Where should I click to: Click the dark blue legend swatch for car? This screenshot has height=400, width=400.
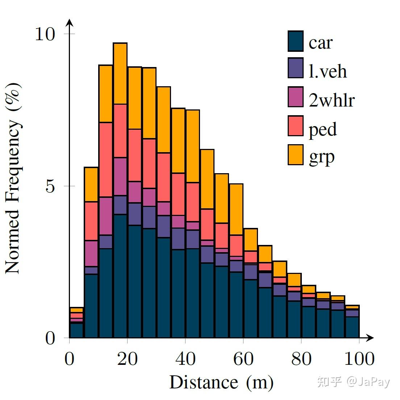pos(295,41)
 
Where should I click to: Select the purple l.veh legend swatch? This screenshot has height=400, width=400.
pos(295,68)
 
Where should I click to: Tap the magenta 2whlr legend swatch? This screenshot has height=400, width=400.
pos(295,97)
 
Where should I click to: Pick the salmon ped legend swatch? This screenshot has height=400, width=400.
pos(295,126)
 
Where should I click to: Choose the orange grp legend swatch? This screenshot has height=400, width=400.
pos(295,155)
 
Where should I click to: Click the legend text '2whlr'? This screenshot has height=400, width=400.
pos(331,99)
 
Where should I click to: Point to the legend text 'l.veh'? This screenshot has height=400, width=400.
pos(328,71)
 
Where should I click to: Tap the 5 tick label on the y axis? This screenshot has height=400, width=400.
pos(50,186)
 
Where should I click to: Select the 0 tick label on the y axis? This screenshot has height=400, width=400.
pos(50,338)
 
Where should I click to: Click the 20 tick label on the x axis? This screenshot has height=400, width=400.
pos(127,359)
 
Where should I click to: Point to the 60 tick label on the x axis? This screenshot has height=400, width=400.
pos(243,359)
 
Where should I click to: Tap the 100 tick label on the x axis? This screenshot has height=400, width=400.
pos(359,359)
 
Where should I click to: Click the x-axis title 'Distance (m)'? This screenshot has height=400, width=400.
pos(221,383)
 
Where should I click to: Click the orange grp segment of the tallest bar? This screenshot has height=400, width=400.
pos(120,74)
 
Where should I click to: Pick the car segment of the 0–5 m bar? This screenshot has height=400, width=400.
pos(76,330)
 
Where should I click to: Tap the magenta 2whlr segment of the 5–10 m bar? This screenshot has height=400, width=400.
pos(91,254)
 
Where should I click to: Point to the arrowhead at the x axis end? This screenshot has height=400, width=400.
pos(370,338)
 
